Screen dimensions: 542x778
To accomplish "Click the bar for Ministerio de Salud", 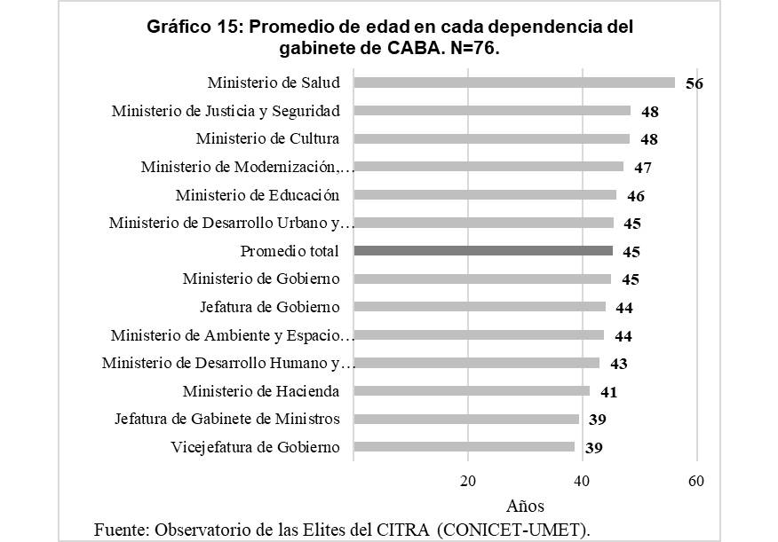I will click(514, 82).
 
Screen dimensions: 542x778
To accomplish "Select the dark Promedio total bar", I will click(483, 251).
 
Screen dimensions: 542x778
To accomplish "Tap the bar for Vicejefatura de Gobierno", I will click(464, 447).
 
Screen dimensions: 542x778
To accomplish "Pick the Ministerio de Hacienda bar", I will click(472, 391).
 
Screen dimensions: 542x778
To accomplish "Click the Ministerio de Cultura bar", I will click(491, 139).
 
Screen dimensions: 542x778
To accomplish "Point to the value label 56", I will click(694, 84).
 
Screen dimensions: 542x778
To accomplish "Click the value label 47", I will click(641, 168).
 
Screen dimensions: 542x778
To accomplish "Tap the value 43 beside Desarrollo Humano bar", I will click(618, 364).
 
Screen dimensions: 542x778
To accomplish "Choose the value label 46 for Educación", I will click(635, 196).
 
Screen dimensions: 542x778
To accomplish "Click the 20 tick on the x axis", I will click(468, 482).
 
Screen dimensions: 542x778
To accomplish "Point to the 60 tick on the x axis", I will click(696, 482).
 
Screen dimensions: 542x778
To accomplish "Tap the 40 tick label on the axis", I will click(582, 482).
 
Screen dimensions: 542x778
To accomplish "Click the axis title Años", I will click(525, 507).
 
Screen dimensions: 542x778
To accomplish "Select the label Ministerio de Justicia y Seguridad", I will click(226, 111).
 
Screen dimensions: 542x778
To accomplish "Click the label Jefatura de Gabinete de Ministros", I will click(227, 419).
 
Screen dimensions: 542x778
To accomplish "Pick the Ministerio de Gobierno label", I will click(261, 279).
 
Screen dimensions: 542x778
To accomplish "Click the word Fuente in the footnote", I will click(121, 530).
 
